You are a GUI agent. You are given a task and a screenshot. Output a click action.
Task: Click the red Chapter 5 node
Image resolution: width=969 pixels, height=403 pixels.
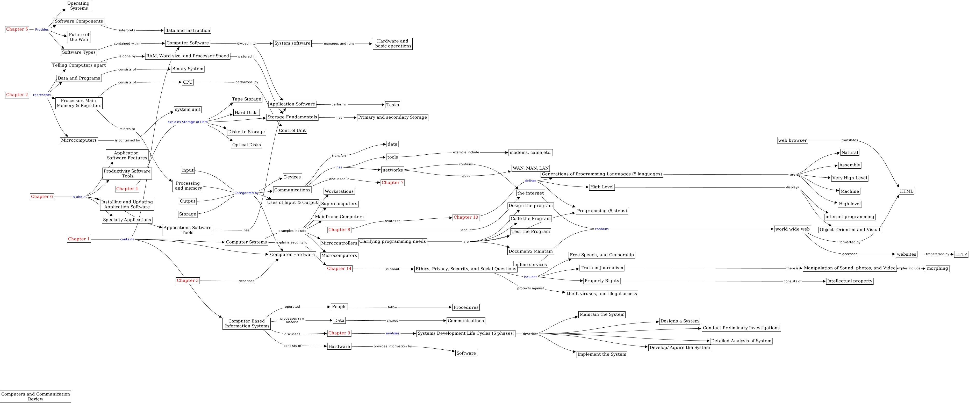point(17,29)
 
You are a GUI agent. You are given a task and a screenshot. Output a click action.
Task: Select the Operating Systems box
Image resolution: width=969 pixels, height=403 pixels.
point(79,6)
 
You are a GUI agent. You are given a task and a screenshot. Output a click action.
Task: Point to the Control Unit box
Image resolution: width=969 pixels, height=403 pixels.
point(292,131)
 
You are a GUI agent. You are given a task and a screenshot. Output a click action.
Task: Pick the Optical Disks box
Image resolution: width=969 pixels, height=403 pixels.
point(246,145)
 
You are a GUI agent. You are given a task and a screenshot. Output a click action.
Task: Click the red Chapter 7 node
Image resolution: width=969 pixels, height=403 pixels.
point(392,183)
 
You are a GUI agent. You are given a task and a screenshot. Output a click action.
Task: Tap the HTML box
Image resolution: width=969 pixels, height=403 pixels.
point(906,191)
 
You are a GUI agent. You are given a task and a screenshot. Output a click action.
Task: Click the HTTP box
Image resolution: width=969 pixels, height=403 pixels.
point(961,254)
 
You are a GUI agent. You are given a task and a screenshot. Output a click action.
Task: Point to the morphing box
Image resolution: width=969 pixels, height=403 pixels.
point(937,268)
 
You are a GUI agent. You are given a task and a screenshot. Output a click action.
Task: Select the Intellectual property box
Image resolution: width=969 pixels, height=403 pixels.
point(849,281)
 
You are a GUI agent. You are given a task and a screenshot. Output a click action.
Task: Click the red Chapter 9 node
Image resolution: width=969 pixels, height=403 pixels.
point(339,333)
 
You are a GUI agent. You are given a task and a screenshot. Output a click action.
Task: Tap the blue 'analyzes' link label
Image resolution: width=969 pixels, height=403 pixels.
point(392,333)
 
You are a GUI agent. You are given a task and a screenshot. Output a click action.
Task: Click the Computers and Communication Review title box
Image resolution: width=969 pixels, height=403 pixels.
point(35,397)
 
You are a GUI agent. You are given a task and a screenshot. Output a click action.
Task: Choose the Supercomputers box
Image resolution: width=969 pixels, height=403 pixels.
point(339,204)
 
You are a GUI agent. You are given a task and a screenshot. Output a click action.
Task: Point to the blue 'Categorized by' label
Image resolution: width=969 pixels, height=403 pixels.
point(246,193)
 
